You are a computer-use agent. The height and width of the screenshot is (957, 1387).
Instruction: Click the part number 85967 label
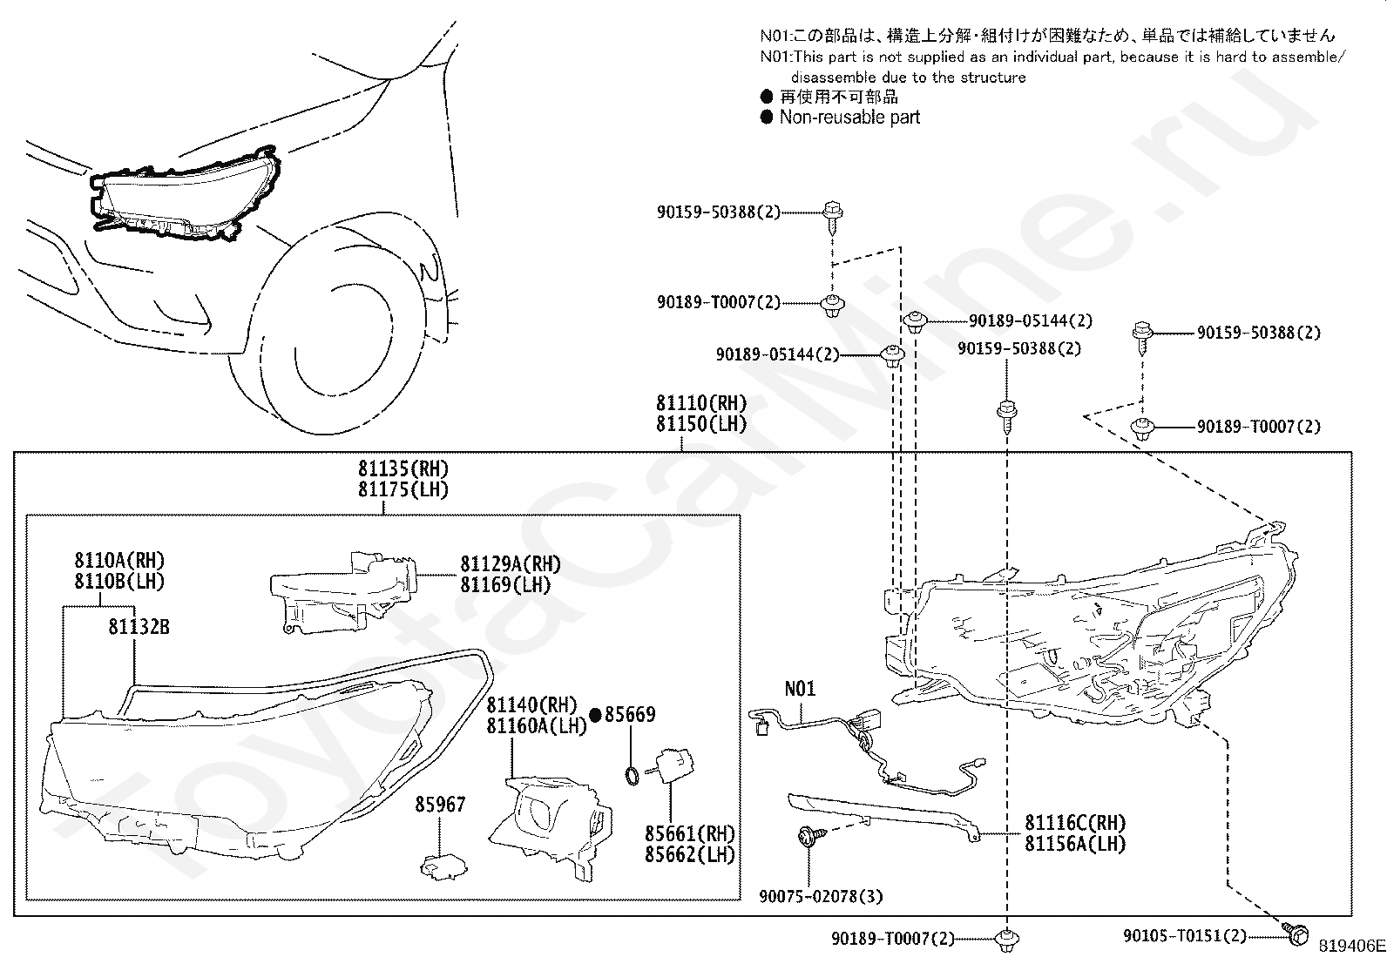[440, 804]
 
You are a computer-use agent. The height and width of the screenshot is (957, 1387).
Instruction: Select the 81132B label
[139, 627]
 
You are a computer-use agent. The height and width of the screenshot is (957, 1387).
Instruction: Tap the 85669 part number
[630, 714]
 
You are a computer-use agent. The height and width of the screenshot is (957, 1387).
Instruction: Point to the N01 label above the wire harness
[800, 688]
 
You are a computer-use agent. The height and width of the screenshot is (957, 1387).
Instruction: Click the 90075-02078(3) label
[821, 896]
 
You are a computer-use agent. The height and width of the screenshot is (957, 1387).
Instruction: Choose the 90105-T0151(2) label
[1185, 935]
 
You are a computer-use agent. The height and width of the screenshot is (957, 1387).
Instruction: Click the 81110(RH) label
[701, 403]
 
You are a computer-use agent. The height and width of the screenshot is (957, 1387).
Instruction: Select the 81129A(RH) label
[511, 564]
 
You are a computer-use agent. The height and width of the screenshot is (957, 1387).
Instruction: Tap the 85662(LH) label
[690, 855]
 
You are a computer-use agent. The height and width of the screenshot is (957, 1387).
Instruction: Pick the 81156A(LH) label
[1075, 844]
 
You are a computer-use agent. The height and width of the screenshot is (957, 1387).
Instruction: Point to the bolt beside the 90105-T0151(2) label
[1296, 934]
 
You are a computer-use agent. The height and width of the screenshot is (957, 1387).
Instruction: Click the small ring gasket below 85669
[633, 776]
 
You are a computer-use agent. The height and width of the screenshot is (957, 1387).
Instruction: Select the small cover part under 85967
[443, 866]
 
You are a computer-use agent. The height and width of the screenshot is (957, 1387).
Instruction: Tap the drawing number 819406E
[1351, 946]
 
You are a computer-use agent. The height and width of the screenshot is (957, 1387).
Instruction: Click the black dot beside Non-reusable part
[767, 117]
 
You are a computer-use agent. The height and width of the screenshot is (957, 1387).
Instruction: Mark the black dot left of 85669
[596, 716]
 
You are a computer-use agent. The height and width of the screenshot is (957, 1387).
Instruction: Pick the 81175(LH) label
[403, 489]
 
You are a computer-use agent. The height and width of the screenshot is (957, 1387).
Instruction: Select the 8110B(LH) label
[119, 582]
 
